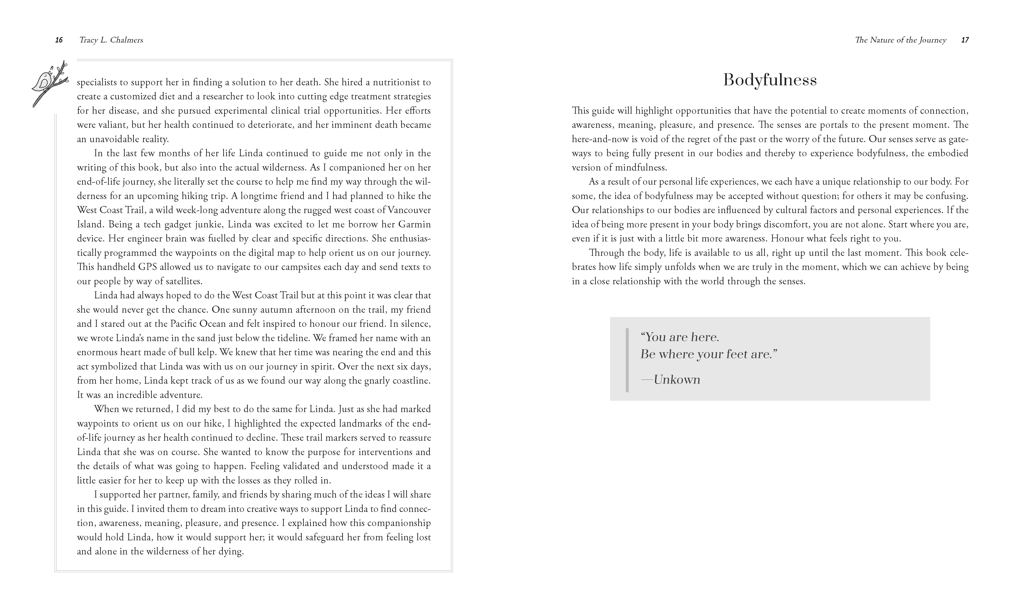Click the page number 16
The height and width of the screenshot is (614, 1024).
[x=59, y=40]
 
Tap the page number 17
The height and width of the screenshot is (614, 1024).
[x=965, y=40]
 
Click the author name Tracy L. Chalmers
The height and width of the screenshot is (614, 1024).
[x=111, y=40]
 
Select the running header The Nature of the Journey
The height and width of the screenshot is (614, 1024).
[x=901, y=40]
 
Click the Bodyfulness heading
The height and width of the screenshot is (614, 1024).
[x=770, y=80]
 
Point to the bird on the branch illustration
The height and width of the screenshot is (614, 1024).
[x=49, y=83]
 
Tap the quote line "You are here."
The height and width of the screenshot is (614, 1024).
[x=680, y=337]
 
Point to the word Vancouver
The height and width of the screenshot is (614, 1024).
[x=408, y=210]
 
